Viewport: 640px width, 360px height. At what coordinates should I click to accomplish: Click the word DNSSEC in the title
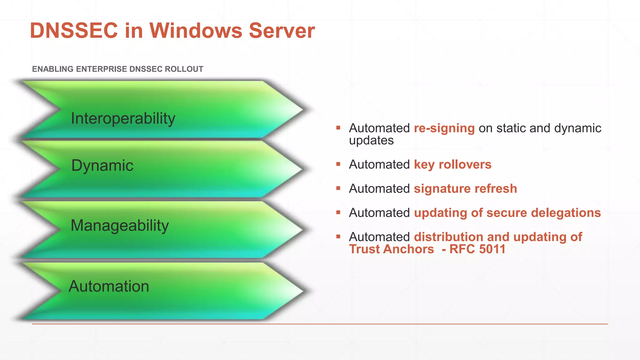(x=74, y=31)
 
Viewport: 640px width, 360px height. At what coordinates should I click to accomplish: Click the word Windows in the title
(x=196, y=31)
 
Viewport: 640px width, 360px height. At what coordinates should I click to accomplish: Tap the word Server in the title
(x=282, y=31)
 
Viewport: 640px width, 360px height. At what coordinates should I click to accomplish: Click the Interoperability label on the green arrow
(x=123, y=118)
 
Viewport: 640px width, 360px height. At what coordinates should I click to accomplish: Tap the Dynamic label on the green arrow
(x=102, y=165)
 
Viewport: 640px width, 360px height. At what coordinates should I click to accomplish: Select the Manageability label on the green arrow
(x=120, y=225)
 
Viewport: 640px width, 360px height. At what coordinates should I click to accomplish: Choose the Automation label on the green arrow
(x=109, y=286)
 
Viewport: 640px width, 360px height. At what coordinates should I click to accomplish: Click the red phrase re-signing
(x=444, y=128)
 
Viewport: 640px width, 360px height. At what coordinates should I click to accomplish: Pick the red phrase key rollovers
(x=452, y=165)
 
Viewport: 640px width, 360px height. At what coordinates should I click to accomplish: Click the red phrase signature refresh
(x=465, y=189)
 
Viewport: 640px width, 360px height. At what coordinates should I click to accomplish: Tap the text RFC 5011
(x=477, y=249)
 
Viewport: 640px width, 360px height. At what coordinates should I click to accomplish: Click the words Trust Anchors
(x=392, y=249)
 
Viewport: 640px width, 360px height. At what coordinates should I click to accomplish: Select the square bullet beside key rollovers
(x=338, y=164)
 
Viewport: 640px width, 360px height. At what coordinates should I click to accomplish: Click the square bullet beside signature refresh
(x=338, y=188)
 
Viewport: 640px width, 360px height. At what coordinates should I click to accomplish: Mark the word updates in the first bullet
(x=371, y=141)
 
